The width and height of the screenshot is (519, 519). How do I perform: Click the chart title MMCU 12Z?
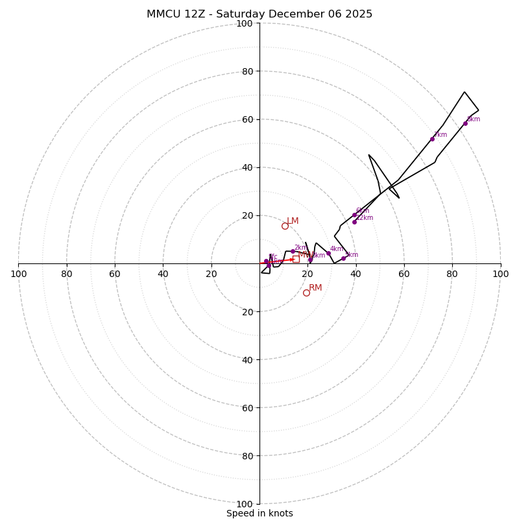point(259,14)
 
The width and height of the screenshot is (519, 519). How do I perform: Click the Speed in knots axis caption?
point(259,513)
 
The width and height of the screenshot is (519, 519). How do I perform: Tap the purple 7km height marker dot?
point(432,139)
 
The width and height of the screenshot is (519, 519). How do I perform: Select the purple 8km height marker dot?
point(465,123)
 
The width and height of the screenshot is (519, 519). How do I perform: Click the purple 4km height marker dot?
point(328,254)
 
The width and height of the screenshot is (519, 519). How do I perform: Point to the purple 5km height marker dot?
point(343,258)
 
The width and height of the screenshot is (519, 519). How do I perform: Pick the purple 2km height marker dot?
point(293,251)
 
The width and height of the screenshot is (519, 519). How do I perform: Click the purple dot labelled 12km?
point(354,222)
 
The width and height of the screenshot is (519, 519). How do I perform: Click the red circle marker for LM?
point(285,226)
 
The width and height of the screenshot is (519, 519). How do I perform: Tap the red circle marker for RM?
point(306,293)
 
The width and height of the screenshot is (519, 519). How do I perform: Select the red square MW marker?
point(296,259)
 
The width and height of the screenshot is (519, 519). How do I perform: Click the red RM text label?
point(315,287)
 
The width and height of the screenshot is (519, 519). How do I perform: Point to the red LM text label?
point(293,221)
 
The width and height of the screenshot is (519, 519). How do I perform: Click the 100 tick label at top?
point(245,23)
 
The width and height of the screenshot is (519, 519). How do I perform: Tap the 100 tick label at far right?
point(500,274)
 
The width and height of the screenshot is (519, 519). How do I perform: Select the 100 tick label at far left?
point(19,274)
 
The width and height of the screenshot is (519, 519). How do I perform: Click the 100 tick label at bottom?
point(245,503)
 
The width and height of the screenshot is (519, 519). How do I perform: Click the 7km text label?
point(440,135)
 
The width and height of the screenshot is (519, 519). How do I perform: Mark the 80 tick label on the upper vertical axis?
point(247,71)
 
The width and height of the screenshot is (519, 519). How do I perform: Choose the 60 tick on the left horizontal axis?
point(115,274)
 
